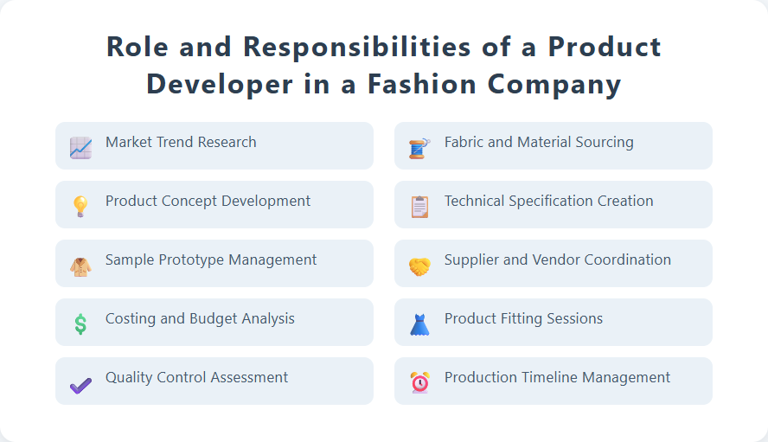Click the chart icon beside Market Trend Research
[x=80, y=148]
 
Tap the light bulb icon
[x=80, y=206]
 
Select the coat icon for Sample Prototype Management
[x=80, y=266]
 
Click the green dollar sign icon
[x=80, y=324]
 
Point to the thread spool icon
[x=419, y=148]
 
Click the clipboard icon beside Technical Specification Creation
[x=419, y=207]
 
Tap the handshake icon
[x=419, y=266]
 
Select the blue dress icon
[x=419, y=324]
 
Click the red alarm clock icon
[x=419, y=382]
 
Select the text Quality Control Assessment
[x=197, y=377]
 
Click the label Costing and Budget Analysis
[x=200, y=318]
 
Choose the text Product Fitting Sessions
[x=523, y=318]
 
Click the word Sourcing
[x=602, y=142]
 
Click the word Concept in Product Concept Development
[x=189, y=201]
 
